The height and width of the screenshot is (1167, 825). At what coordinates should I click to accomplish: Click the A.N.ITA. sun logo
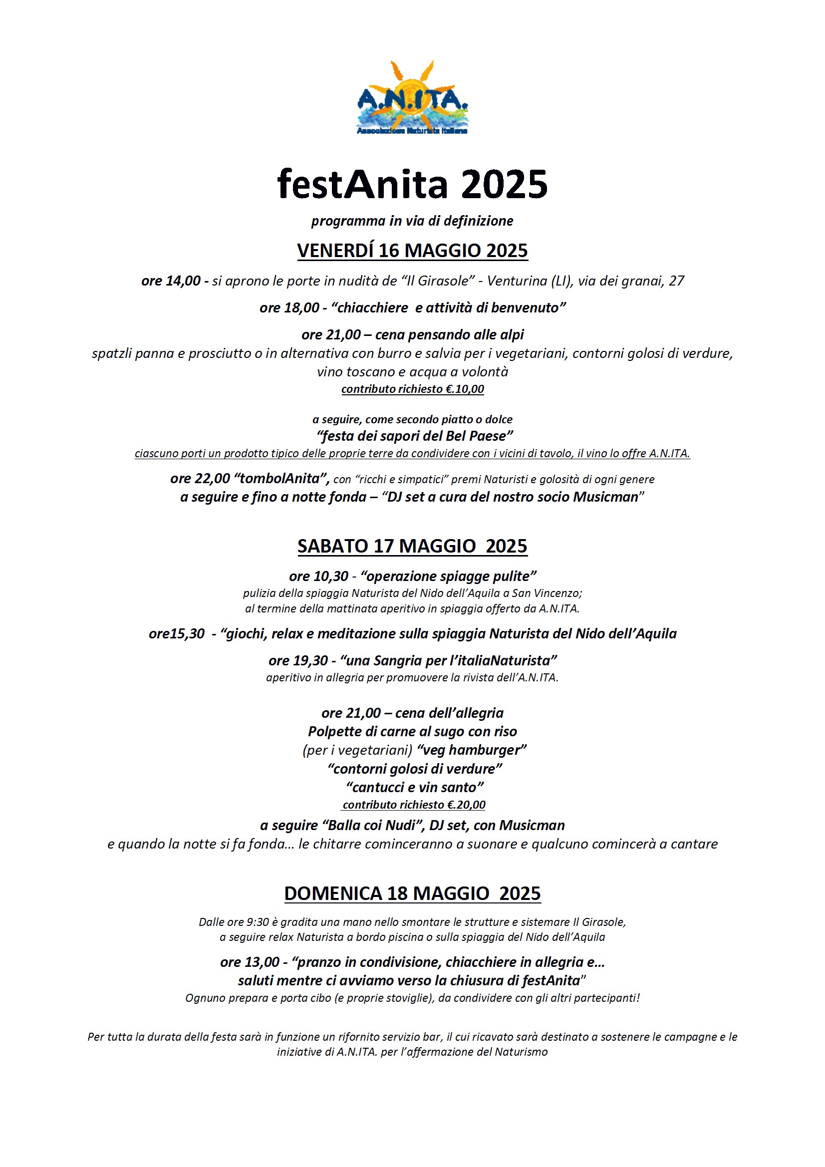412,98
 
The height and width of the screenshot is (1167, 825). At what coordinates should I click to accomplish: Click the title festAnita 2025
412,184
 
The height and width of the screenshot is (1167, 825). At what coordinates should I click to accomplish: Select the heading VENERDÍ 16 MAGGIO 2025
412,251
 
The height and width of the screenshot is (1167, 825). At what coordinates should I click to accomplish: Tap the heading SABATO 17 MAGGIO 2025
412,546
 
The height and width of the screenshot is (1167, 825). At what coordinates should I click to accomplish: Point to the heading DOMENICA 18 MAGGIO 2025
412,893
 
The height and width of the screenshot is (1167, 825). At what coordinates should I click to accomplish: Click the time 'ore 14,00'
171,281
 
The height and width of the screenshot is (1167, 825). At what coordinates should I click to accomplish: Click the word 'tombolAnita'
282,478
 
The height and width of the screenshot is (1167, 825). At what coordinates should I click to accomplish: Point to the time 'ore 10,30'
318,576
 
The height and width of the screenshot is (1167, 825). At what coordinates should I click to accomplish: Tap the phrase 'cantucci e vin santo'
415,787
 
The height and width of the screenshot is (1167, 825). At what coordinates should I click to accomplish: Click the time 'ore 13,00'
250,962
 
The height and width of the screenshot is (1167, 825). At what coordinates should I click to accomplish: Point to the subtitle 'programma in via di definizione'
412,221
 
